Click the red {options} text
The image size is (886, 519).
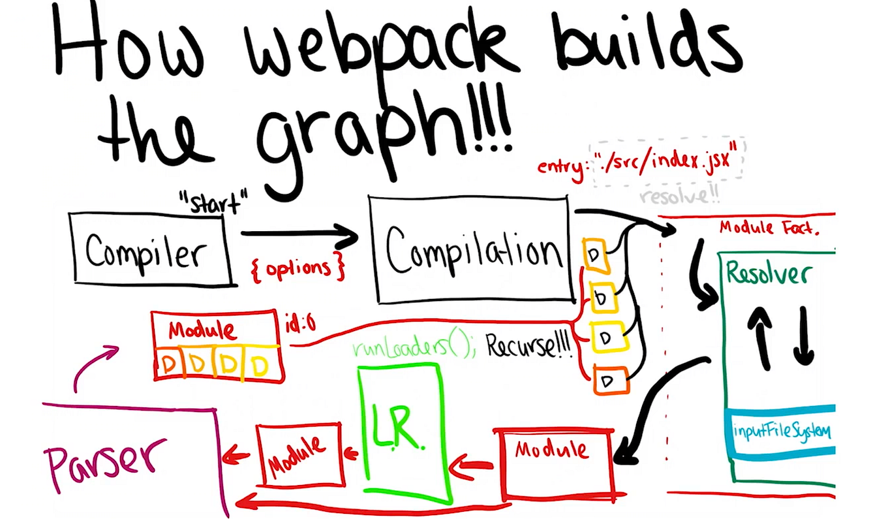298,268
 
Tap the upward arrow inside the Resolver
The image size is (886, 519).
761,336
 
